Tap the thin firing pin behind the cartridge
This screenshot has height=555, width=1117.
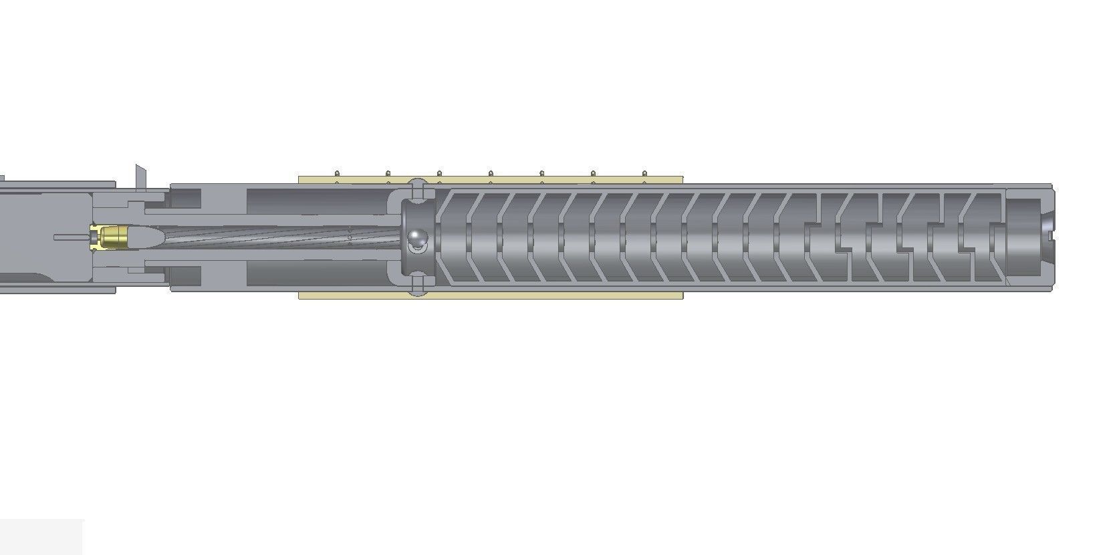tap(70, 237)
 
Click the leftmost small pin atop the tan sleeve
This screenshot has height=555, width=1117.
tap(337, 175)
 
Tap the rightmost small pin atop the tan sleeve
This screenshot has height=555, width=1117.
tap(644, 175)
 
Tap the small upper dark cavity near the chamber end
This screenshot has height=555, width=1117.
tap(185, 198)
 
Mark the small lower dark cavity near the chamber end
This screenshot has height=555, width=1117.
tap(185, 276)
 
